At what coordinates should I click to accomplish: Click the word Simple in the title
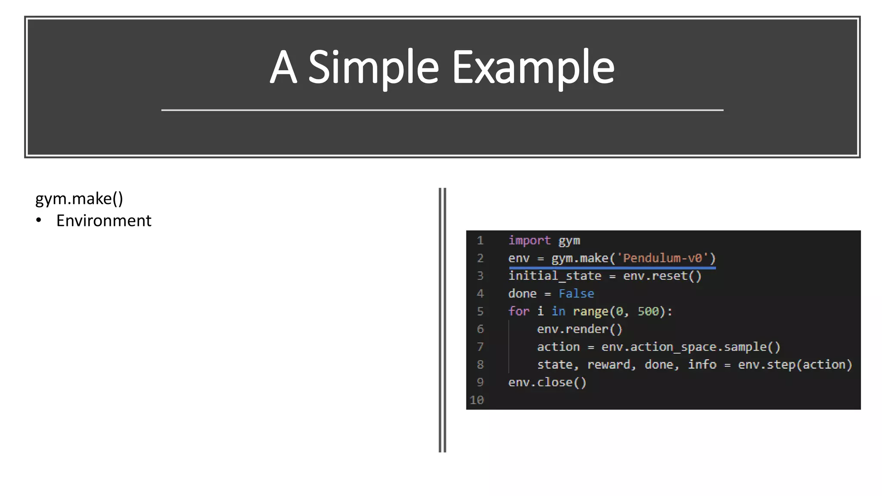coord(373,68)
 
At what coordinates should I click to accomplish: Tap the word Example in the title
coord(533,68)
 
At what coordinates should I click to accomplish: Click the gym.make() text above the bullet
coord(79,198)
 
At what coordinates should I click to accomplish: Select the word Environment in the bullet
coord(104,221)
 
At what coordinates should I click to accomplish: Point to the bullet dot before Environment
coord(39,220)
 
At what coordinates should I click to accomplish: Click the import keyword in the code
coord(529,240)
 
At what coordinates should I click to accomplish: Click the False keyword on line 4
coord(576,294)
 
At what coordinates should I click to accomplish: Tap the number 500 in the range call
coord(648,311)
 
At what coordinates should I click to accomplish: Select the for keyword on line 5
coord(519,311)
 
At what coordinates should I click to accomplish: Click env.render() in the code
coord(580,329)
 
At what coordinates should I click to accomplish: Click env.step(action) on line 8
coord(795,365)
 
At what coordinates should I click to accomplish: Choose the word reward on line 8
coord(611,365)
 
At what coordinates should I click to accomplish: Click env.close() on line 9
coord(547,382)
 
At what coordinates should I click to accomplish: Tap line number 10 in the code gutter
coord(477,400)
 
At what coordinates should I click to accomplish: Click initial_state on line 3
coord(555,276)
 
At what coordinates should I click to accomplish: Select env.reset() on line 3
coord(662,276)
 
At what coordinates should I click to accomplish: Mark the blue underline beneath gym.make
coord(612,268)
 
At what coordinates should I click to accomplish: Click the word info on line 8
coord(702,365)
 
